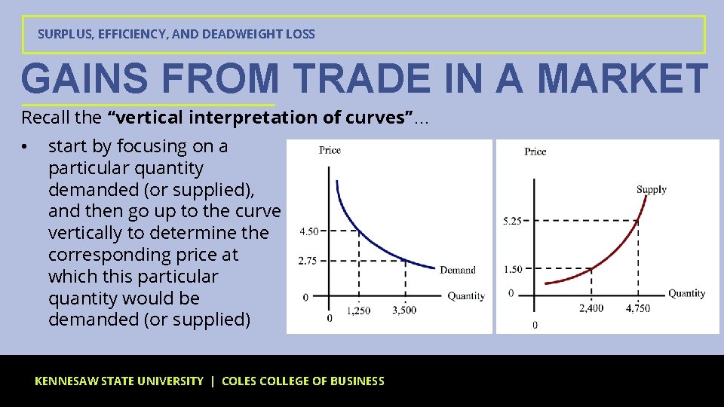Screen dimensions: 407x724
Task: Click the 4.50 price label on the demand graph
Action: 308,231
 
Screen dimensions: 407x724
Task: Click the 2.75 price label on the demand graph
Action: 308,261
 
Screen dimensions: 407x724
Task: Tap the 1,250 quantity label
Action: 358,311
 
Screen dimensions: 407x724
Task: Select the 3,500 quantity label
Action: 404,310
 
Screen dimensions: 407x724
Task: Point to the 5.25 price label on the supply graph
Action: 512,221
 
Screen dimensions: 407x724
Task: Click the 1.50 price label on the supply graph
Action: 513,269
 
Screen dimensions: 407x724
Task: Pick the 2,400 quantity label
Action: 591,308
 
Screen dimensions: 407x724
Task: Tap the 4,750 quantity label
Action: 637,308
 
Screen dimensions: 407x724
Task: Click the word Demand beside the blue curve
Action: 458,270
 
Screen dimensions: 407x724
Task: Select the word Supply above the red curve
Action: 652,189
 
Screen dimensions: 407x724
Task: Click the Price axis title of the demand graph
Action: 330,150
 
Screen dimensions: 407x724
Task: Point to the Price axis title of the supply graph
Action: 535,151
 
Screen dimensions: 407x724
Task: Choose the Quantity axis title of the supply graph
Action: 686,293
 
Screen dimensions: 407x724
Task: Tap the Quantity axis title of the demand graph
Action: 466,295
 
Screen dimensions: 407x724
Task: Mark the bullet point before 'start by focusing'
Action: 25,146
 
